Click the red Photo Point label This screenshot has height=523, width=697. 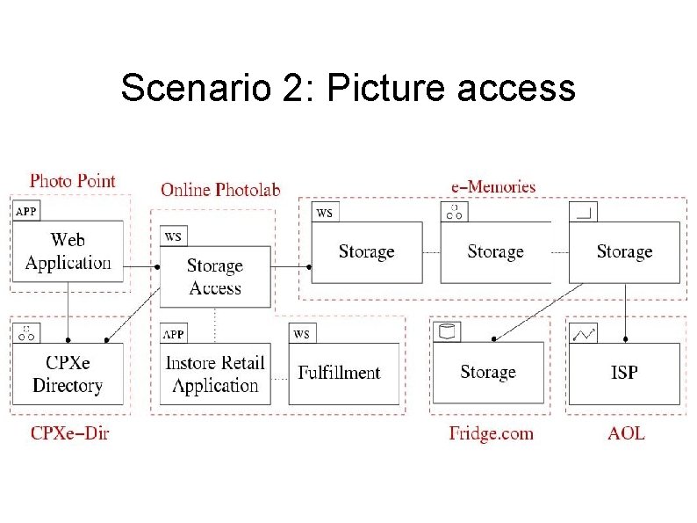click(73, 181)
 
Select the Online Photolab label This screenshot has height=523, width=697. click(220, 189)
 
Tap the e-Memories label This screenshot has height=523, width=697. click(492, 186)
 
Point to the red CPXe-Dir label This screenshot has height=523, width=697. click(70, 432)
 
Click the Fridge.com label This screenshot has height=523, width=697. click(491, 432)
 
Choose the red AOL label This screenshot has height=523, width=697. click(626, 432)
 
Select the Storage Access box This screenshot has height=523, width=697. click(215, 276)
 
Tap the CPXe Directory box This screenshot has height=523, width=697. click(68, 374)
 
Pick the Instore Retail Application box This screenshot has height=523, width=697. click(215, 374)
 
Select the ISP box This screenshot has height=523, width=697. click(624, 374)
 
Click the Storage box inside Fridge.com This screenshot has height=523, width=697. click(488, 374)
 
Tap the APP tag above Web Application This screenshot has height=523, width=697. click(26, 211)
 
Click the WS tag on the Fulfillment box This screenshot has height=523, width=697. click(301, 334)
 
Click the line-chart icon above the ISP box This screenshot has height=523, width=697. click(584, 333)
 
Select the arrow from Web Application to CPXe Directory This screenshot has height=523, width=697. click(68, 312)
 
